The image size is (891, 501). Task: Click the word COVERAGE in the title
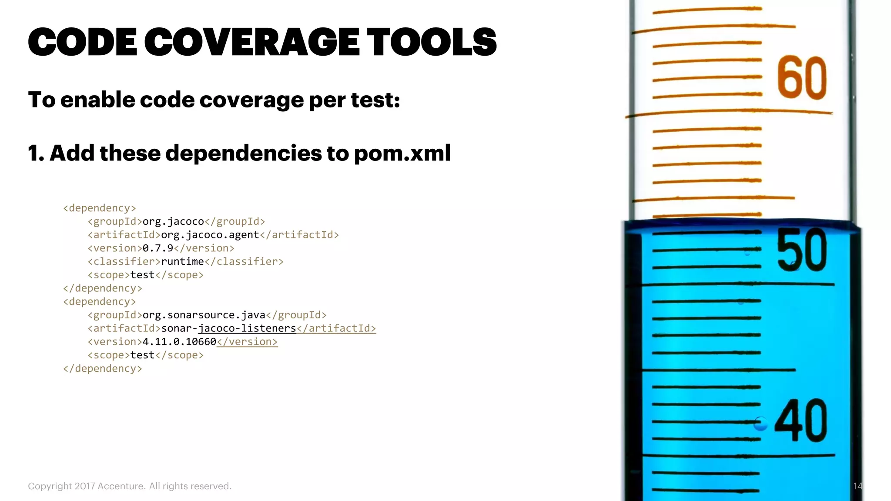click(252, 42)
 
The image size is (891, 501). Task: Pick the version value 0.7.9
click(157, 248)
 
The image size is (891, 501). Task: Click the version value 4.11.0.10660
click(179, 342)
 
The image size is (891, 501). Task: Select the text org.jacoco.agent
click(210, 235)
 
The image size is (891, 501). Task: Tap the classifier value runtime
click(182, 261)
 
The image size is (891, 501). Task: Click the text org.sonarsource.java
click(204, 315)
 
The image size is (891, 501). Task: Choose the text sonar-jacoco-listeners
click(228, 328)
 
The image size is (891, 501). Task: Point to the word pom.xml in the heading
click(402, 153)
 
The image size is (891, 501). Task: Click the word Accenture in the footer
click(121, 486)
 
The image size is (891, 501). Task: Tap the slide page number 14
click(857, 486)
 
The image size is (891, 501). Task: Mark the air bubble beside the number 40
click(760, 423)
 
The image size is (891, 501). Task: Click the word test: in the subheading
click(375, 100)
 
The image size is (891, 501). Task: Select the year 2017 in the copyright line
click(84, 486)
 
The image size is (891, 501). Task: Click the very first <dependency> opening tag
click(100, 208)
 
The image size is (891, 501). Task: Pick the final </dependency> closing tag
click(103, 369)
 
